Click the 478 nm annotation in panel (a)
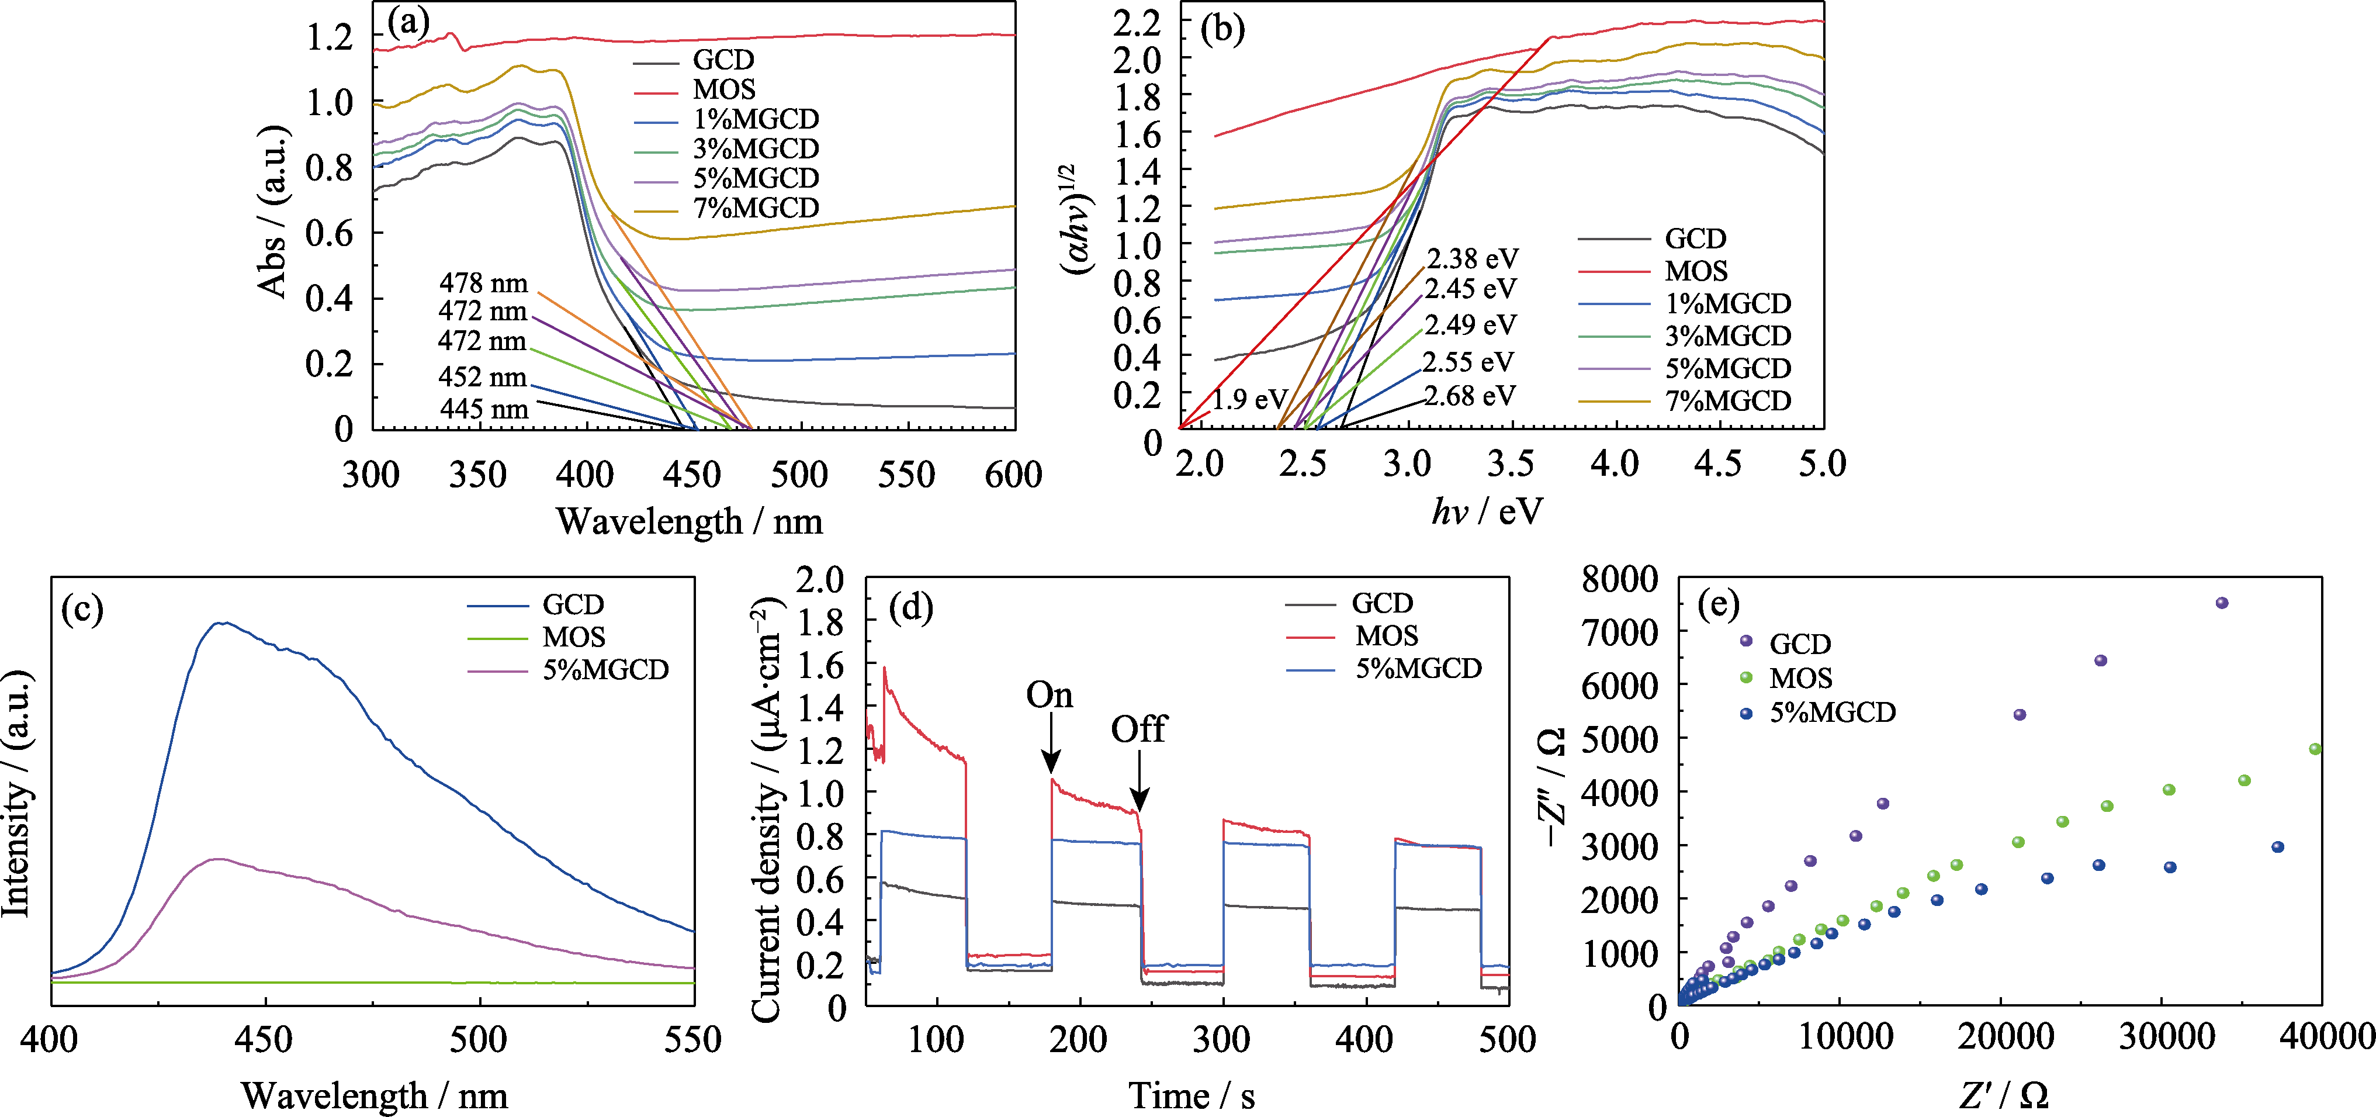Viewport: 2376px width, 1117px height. click(x=483, y=282)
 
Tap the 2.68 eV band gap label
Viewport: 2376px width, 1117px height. click(x=1469, y=396)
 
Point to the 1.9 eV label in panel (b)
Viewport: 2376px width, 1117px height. click(x=1249, y=399)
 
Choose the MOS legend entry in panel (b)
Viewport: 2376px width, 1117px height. click(x=1695, y=271)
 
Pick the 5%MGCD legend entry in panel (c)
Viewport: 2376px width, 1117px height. click(x=605, y=670)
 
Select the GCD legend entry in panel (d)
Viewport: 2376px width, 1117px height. click(x=1381, y=603)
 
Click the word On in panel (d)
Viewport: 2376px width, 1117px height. click(x=1049, y=694)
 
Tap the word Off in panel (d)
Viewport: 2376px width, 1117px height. click(x=1138, y=729)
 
